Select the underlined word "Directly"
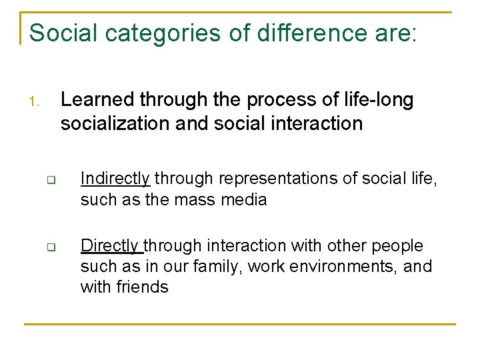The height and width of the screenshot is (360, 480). [x=111, y=246]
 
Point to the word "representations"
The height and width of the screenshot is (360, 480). [x=267, y=178]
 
